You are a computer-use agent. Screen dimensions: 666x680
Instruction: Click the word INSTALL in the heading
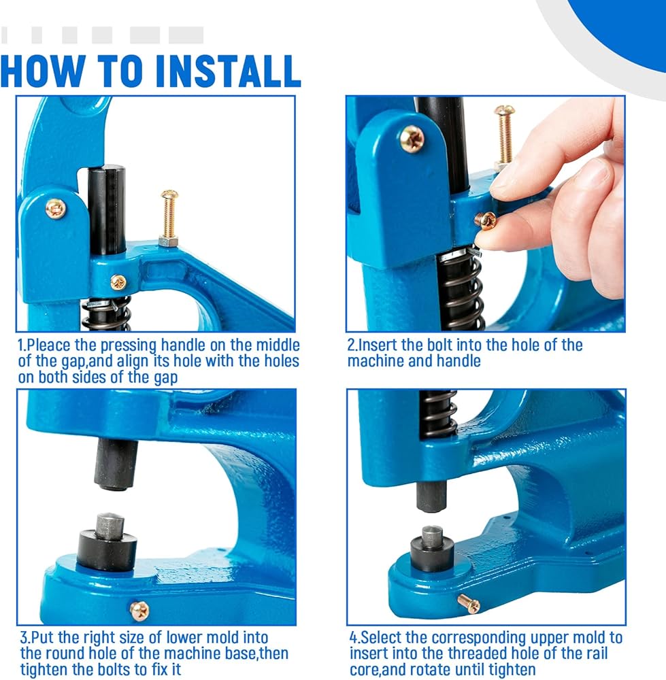coord(227,71)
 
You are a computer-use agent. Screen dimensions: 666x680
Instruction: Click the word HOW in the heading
coord(41,71)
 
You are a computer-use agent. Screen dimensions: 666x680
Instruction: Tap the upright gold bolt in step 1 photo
coord(168,218)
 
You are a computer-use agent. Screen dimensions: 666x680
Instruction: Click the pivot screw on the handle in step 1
coord(56,209)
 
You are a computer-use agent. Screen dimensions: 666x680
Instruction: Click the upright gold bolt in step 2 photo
coord(504,136)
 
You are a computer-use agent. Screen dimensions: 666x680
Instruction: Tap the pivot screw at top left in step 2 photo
coord(412,138)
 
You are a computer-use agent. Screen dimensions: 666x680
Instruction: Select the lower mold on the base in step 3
coord(107,542)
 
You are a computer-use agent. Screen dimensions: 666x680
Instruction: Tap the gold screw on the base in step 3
coord(139,611)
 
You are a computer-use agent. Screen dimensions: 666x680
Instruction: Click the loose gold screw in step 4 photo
coord(469,604)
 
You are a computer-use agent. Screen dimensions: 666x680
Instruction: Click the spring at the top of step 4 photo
coord(438,413)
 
